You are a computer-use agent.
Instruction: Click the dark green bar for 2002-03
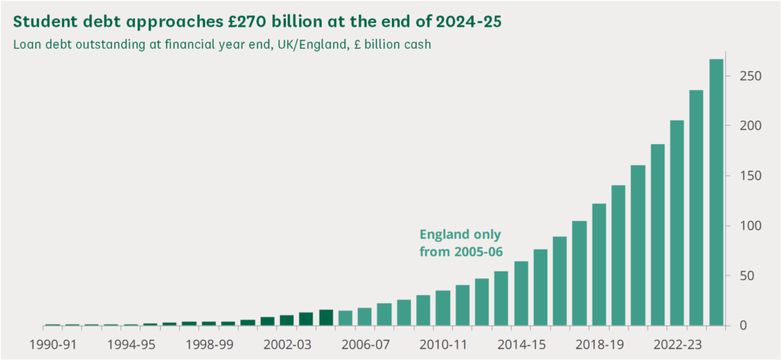286,320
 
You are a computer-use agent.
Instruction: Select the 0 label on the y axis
743,326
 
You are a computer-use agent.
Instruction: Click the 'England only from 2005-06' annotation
461,242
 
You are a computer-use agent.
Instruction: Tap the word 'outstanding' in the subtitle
111,44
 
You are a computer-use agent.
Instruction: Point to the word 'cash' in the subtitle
416,44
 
